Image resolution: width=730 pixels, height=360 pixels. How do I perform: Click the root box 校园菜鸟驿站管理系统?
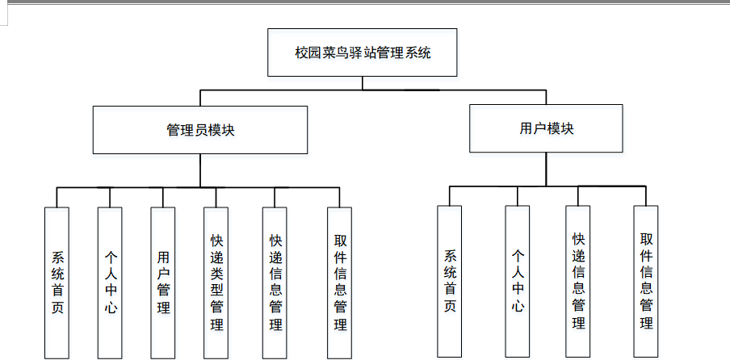(x=363, y=53)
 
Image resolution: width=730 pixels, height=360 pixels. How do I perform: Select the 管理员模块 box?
(x=200, y=130)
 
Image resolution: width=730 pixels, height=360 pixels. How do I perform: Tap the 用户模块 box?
(x=546, y=128)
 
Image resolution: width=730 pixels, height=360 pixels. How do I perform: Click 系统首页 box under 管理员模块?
(x=57, y=283)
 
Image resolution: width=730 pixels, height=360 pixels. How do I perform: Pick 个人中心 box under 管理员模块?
(x=110, y=283)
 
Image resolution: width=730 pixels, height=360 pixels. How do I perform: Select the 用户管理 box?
(x=163, y=283)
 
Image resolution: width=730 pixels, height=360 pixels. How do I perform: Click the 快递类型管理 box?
(x=216, y=283)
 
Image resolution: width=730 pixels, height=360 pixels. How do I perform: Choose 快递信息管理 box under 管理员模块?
(x=275, y=283)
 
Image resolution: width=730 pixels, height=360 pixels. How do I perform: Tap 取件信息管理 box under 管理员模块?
(x=340, y=283)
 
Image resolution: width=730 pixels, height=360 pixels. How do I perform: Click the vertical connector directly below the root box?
(x=363, y=83)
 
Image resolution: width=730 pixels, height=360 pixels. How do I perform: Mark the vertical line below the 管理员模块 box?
(x=200, y=170)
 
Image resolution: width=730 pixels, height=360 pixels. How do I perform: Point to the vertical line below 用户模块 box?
(x=546, y=169)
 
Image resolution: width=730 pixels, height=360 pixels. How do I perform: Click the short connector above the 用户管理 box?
(x=163, y=198)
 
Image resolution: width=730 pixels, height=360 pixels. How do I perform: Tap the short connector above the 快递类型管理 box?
(x=216, y=198)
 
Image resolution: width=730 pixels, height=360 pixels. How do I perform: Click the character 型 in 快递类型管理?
(x=216, y=291)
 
